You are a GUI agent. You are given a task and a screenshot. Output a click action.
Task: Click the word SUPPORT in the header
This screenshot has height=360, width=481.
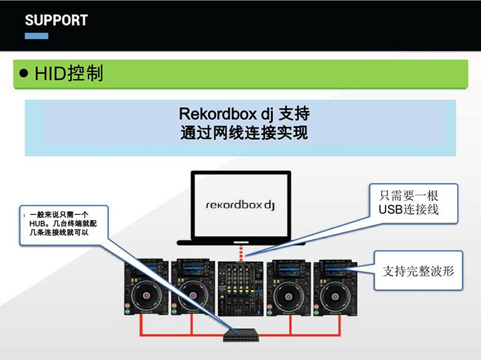56,19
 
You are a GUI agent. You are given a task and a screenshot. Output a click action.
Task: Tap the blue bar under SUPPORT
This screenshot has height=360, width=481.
36,36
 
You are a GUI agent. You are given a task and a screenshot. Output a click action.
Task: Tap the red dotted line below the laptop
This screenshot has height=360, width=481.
240,250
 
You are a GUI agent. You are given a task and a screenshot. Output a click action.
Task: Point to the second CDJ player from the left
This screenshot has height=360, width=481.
192,287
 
